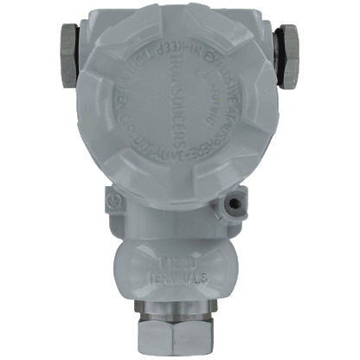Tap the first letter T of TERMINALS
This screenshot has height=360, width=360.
pos(150,276)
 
